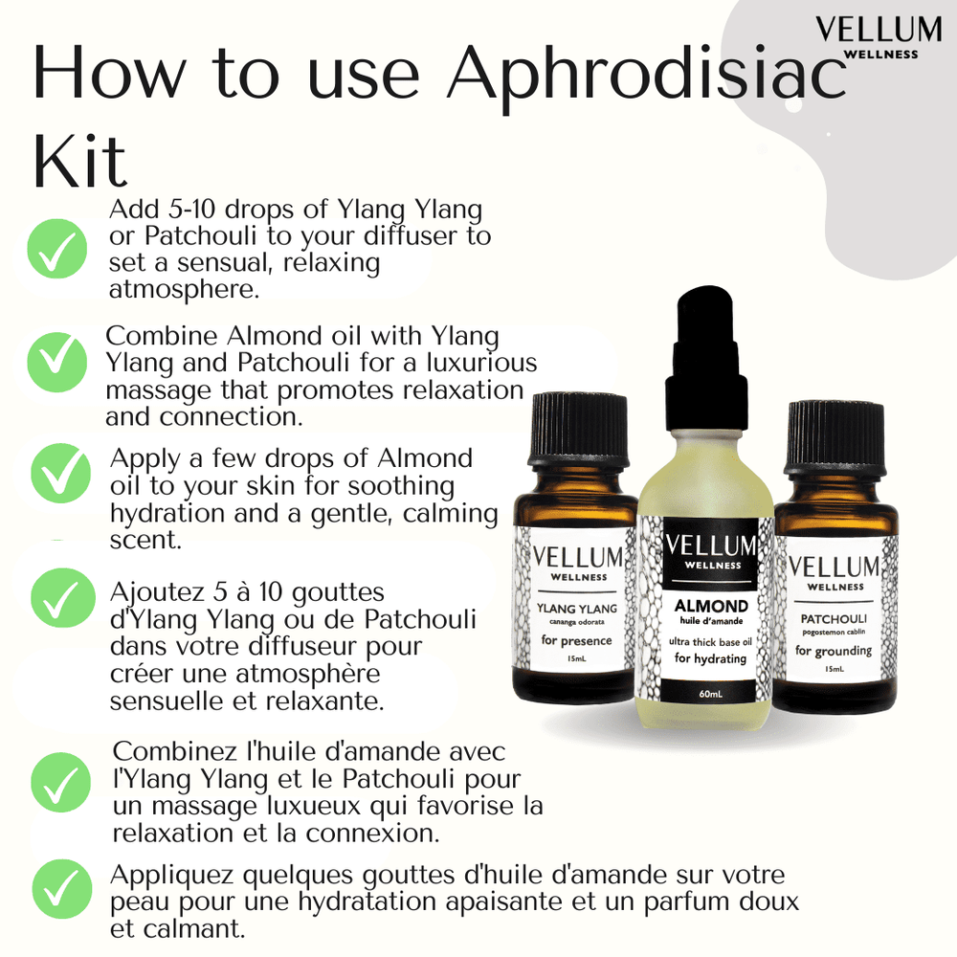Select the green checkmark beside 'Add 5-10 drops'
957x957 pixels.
point(57,248)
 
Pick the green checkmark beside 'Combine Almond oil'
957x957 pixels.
point(57,362)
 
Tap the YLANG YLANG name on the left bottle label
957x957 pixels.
point(577,609)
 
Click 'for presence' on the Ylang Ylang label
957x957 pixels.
point(576,639)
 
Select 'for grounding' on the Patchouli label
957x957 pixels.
point(834,652)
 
